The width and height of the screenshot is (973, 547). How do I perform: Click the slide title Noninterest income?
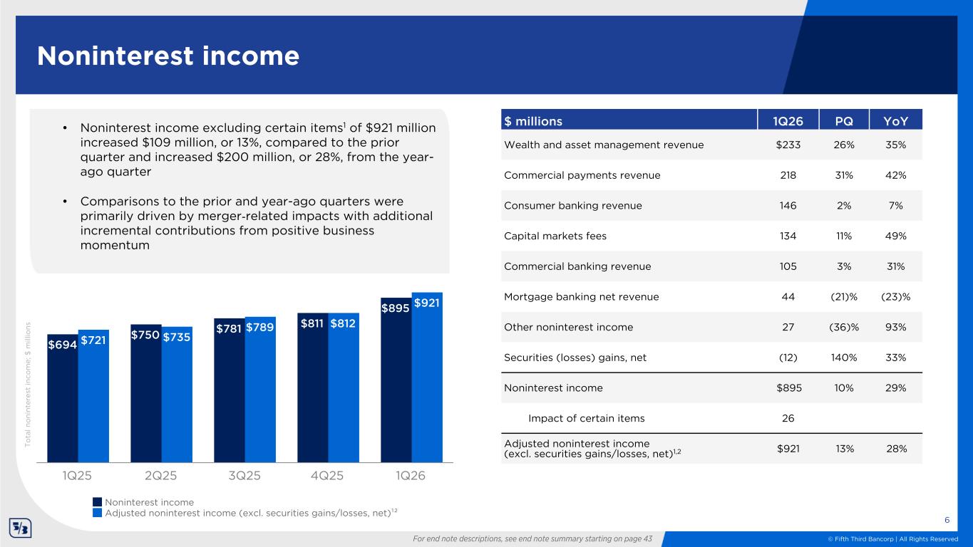coord(168,56)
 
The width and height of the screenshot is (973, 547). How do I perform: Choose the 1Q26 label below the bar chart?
coord(411,476)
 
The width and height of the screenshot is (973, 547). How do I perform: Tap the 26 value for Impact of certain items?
coord(788,418)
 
